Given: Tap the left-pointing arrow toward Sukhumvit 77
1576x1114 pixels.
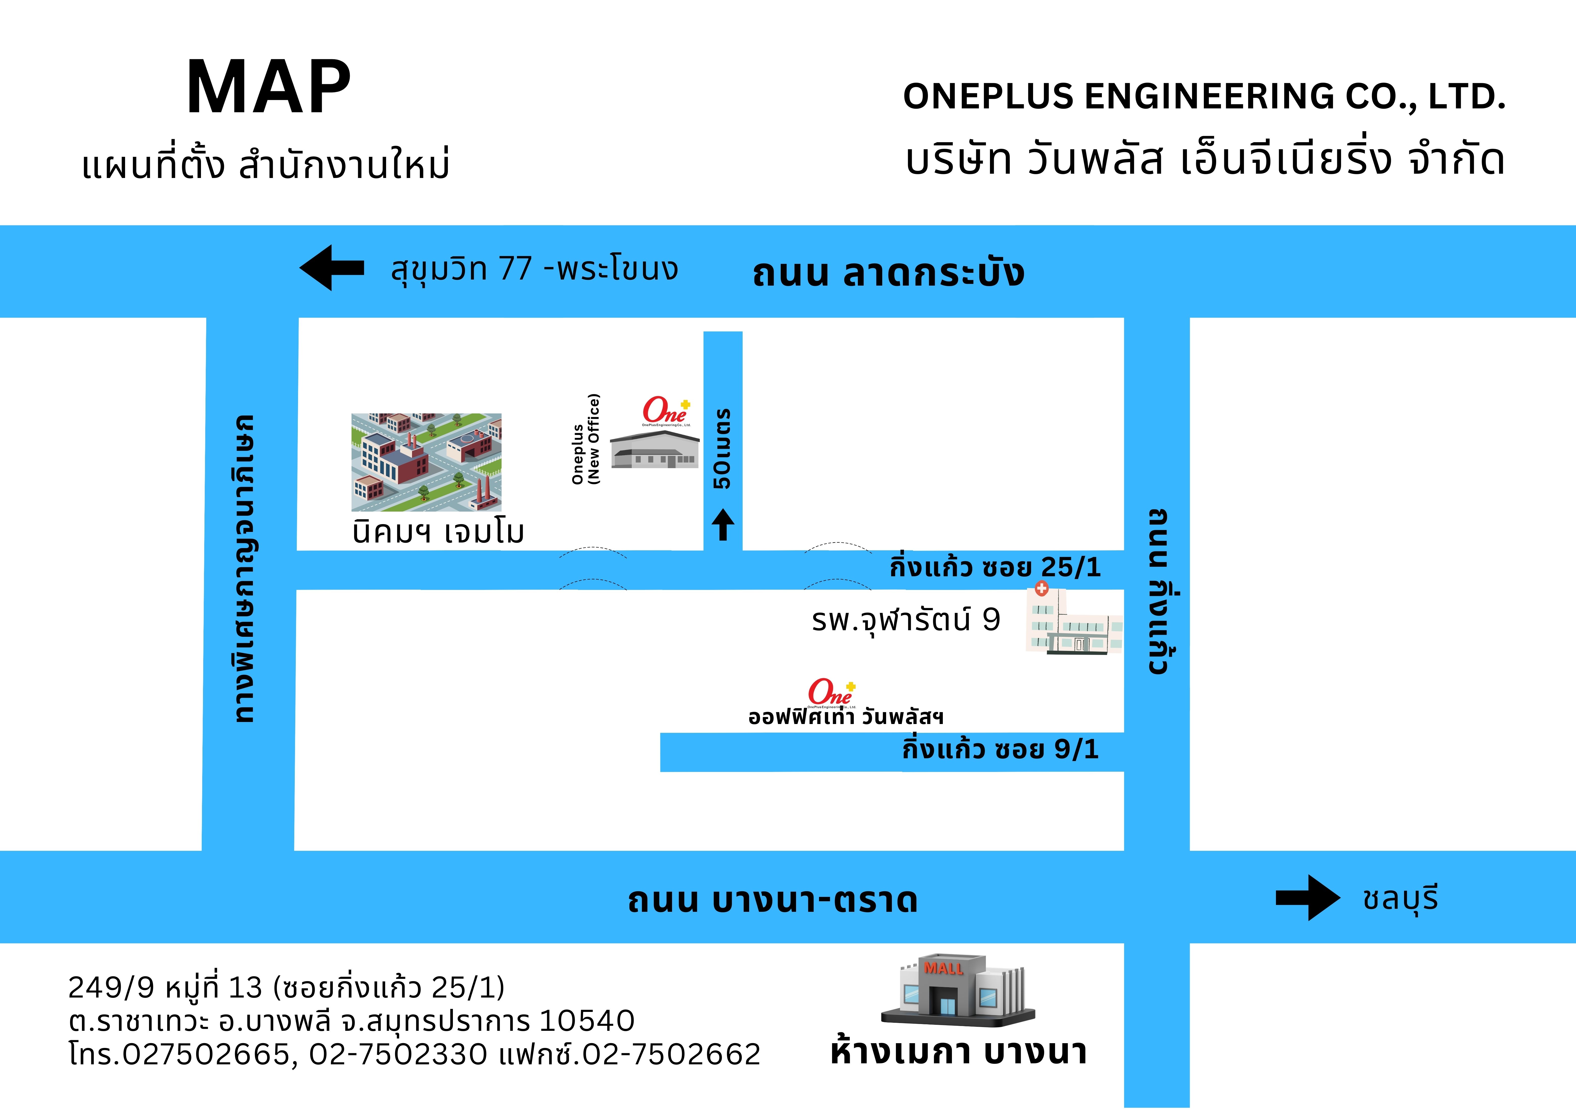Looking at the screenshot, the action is click(332, 268).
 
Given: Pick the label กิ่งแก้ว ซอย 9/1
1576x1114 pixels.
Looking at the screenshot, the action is click(1000, 749).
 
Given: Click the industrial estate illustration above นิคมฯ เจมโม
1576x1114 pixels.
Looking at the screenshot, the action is click(426, 462).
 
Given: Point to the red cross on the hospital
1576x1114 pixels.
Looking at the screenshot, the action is click(1041, 588).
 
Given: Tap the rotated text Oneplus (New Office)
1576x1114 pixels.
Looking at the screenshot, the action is click(586, 439).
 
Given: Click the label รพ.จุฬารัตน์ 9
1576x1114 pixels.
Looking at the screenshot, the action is click(905, 620).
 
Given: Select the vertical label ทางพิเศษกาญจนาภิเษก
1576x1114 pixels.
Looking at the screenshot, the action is click(244, 568).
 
